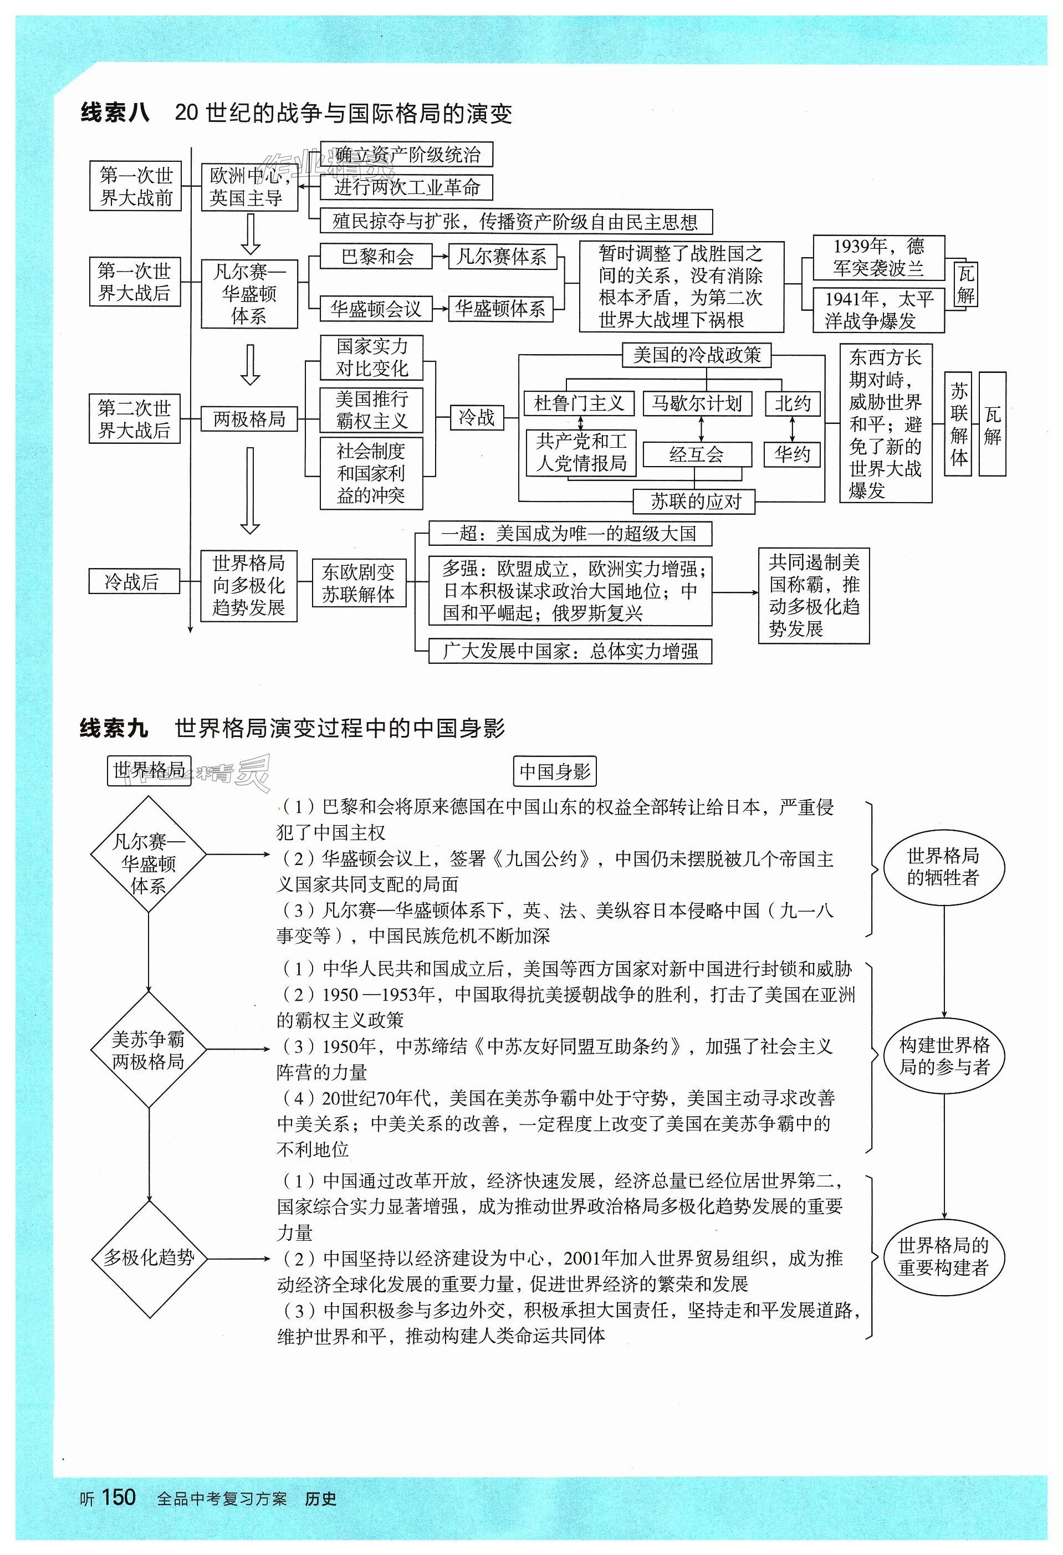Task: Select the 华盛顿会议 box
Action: click(x=376, y=309)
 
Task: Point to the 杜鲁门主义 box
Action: click(x=579, y=403)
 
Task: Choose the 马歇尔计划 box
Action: click(x=697, y=403)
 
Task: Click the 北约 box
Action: click(x=793, y=403)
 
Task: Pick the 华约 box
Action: click(x=792, y=455)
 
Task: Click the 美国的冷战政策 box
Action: click(x=697, y=355)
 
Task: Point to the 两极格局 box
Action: click(x=249, y=419)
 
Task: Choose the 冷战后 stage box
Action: click(x=134, y=581)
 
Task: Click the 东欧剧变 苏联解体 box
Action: click(x=359, y=583)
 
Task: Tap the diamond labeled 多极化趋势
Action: click(x=149, y=1258)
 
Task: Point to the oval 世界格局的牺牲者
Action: click(x=943, y=868)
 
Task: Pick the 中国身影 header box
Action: click(x=555, y=771)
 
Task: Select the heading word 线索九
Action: click(x=114, y=728)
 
